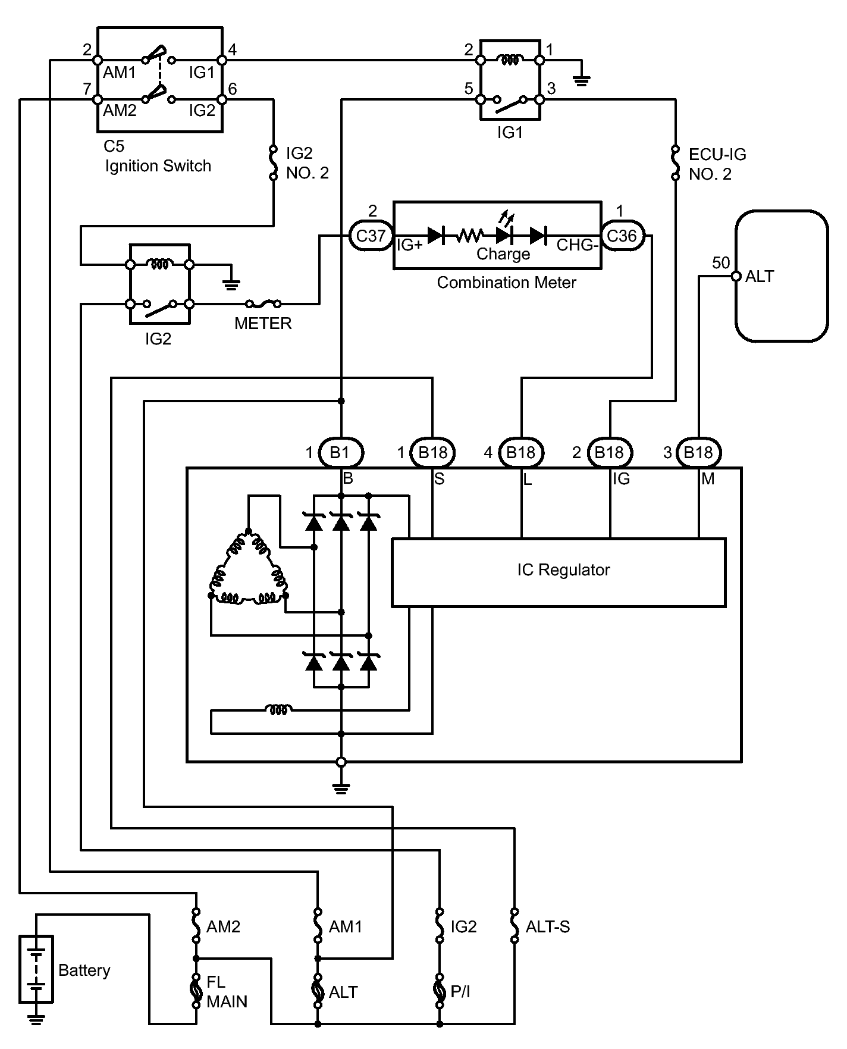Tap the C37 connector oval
(x=371, y=236)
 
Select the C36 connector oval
(x=622, y=236)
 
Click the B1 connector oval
(x=341, y=453)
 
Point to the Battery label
(x=84, y=970)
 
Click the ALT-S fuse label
(x=548, y=926)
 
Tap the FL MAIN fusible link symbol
(x=196, y=991)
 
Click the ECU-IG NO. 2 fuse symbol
(x=676, y=162)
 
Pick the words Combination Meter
(x=506, y=282)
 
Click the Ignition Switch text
(x=158, y=165)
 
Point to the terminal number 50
(x=721, y=262)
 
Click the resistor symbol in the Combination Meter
(x=469, y=236)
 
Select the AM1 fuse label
(x=346, y=926)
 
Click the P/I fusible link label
(x=460, y=992)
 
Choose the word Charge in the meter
(x=503, y=254)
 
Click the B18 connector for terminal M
(x=698, y=453)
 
